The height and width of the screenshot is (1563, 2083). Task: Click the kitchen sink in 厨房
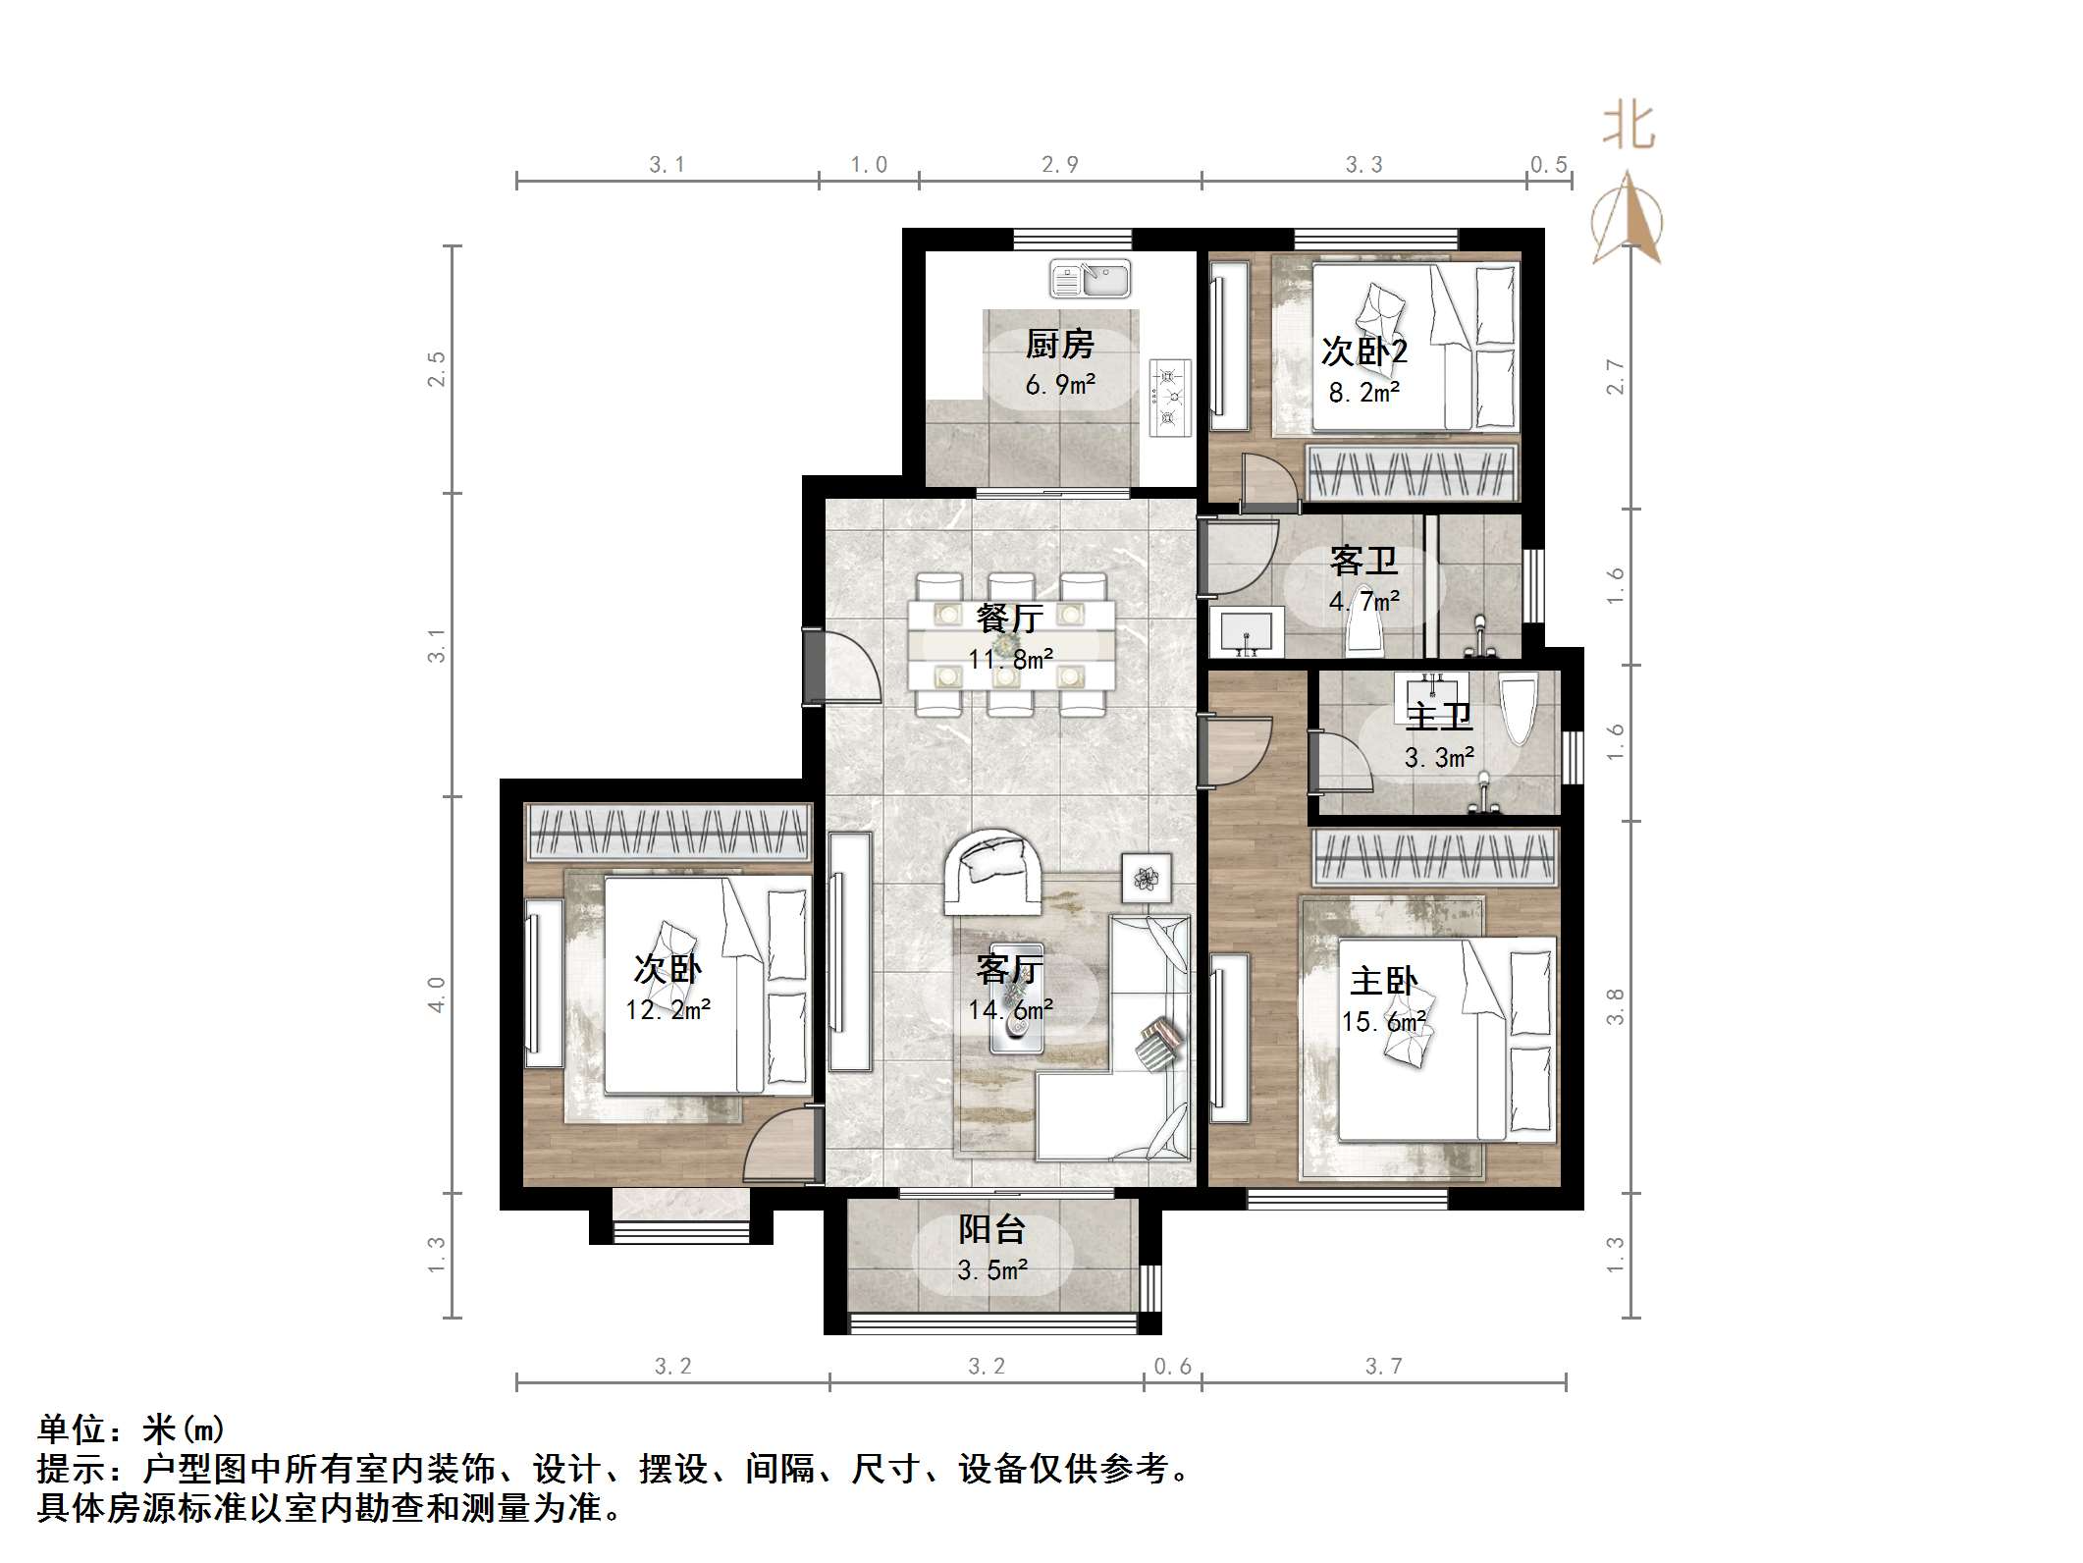(1090, 279)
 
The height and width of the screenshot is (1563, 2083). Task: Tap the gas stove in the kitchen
(1170, 397)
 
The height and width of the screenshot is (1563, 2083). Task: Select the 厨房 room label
(1060, 345)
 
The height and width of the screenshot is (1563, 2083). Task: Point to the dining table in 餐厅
(1011, 644)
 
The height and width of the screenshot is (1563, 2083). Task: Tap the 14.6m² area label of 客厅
(1011, 1009)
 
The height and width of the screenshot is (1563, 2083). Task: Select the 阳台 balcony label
(991, 1229)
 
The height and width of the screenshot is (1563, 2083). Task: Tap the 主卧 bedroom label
(1384, 981)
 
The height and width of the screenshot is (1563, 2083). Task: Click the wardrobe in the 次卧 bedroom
(668, 832)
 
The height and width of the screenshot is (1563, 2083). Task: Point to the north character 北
(1629, 128)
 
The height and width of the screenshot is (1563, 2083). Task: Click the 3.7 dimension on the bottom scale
(1383, 1366)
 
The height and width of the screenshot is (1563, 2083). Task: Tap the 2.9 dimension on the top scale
(1060, 165)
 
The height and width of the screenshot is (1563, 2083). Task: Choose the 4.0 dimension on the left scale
(437, 994)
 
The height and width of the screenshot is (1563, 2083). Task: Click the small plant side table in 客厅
(1147, 877)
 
